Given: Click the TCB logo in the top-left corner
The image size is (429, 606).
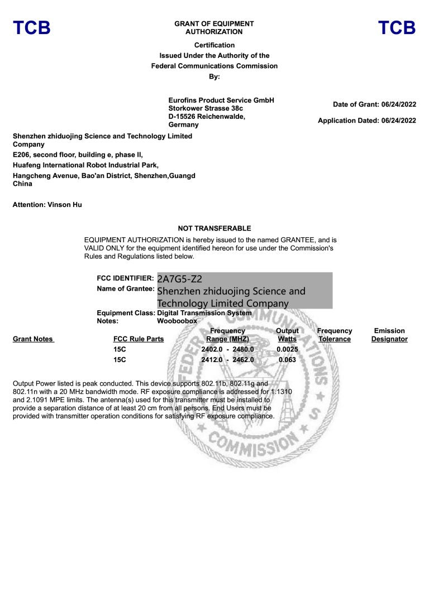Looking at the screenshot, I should (32, 28).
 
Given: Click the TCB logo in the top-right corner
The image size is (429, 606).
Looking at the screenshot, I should (397, 28).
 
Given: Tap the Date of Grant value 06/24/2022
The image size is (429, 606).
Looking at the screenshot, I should (399, 104).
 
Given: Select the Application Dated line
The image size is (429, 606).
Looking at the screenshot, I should (366, 121).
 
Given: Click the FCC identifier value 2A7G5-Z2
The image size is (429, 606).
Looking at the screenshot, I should (180, 279).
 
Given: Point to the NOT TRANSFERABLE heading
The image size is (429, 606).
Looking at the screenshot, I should (214, 228).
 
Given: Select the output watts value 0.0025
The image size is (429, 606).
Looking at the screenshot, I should (287, 349).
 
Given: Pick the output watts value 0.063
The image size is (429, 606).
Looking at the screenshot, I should (287, 360).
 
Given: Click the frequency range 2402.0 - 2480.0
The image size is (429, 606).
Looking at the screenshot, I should (227, 349).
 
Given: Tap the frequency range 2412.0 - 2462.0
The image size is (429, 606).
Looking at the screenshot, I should (227, 360).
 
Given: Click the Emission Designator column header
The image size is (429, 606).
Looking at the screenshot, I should (389, 335).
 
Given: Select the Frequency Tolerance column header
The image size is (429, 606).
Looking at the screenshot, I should (335, 335).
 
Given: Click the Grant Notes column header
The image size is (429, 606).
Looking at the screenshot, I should (33, 339).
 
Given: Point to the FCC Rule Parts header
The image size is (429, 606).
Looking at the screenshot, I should (139, 339).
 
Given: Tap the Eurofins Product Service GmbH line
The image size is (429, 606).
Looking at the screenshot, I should (221, 100).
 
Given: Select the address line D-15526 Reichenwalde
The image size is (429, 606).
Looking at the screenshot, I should (207, 117).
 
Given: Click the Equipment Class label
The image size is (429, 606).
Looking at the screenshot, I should (126, 313).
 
